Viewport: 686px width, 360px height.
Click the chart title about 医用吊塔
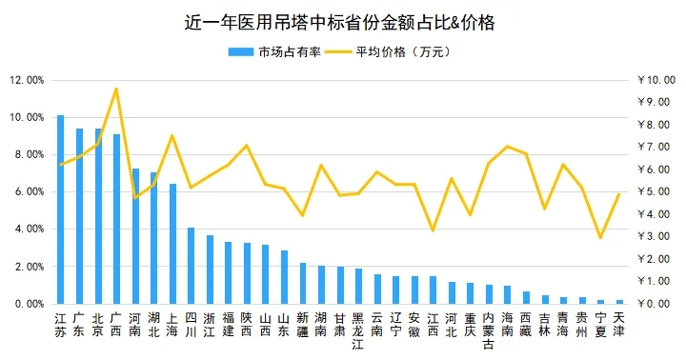343,21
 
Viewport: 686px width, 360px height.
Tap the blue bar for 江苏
60,210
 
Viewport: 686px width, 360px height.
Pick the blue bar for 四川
191,266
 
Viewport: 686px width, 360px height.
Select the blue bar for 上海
172,244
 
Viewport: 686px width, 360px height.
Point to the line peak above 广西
116,89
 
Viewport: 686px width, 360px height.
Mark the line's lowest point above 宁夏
600,237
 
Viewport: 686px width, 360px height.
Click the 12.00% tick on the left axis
28,80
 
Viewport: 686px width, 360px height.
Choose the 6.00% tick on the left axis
30,191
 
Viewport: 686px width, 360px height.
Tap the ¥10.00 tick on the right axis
656,80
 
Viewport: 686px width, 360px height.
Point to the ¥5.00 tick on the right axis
657,191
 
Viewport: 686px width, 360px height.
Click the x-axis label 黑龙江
358,330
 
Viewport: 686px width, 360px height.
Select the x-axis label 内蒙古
489,330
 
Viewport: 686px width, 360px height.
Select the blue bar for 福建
229,272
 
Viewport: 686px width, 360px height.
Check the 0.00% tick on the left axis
30,304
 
